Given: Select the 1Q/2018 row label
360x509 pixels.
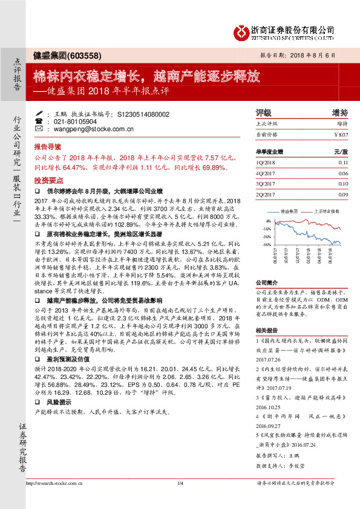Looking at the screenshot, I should click(266, 163).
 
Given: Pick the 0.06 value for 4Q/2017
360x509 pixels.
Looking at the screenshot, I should click(343, 173).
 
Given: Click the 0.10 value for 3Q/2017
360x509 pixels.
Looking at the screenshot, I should click(343, 183).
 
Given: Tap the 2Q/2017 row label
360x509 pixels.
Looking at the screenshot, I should click(266, 194).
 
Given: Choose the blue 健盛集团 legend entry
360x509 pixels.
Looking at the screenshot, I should click(287, 212).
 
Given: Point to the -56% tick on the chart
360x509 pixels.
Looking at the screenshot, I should click(268, 244).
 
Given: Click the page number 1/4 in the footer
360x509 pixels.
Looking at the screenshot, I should click(180, 483).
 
